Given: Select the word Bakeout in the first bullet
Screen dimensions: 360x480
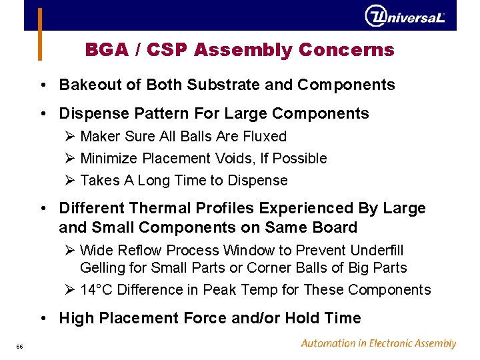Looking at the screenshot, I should point(84,85).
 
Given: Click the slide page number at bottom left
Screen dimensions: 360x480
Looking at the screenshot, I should point(20,345).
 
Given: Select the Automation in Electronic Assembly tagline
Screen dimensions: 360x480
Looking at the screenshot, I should point(378,343).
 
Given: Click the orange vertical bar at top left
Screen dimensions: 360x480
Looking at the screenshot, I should point(40,33).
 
